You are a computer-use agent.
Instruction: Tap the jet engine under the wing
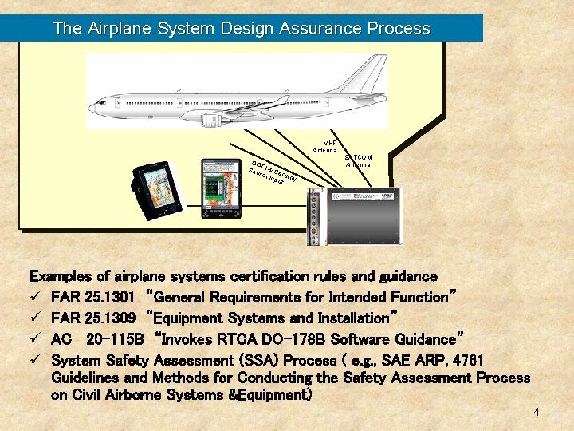point(213,121)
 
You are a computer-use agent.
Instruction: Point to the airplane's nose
point(94,104)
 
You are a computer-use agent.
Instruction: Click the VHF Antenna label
point(325,146)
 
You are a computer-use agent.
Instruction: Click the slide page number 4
point(537,412)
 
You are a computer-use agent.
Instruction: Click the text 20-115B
point(114,338)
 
